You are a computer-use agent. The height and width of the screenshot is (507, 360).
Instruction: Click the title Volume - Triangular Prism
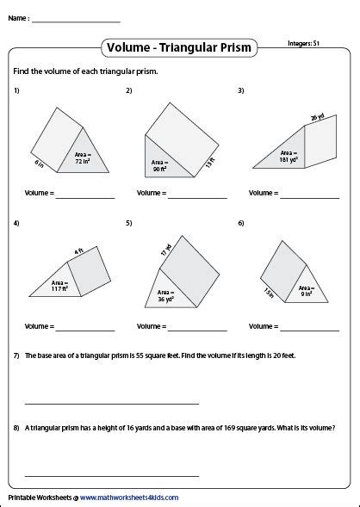179,47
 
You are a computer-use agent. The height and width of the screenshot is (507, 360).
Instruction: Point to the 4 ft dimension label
78,251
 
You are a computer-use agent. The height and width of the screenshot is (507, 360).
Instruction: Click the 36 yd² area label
165,296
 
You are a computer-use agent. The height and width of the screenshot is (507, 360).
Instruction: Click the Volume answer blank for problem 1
86,199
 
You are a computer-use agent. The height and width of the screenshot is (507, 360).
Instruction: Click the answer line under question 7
112,402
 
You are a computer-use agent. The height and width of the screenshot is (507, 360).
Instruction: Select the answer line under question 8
112,474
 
